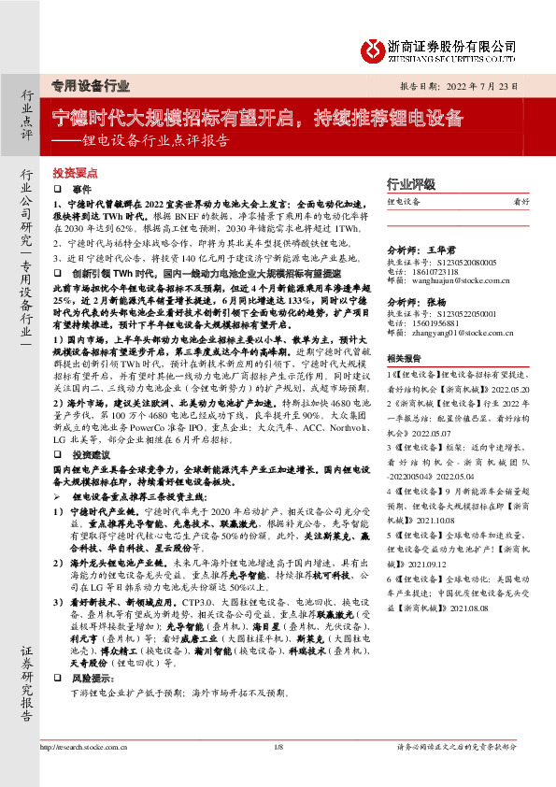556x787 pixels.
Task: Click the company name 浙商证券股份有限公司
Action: click(x=451, y=45)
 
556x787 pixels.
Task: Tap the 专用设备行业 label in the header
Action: click(x=90, y=86)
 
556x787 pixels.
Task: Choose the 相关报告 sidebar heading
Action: click(x=406, y=357)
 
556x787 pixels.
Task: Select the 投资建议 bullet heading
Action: click(x=89, y=452)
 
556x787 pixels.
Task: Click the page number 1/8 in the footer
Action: click(x=278, y=748)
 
